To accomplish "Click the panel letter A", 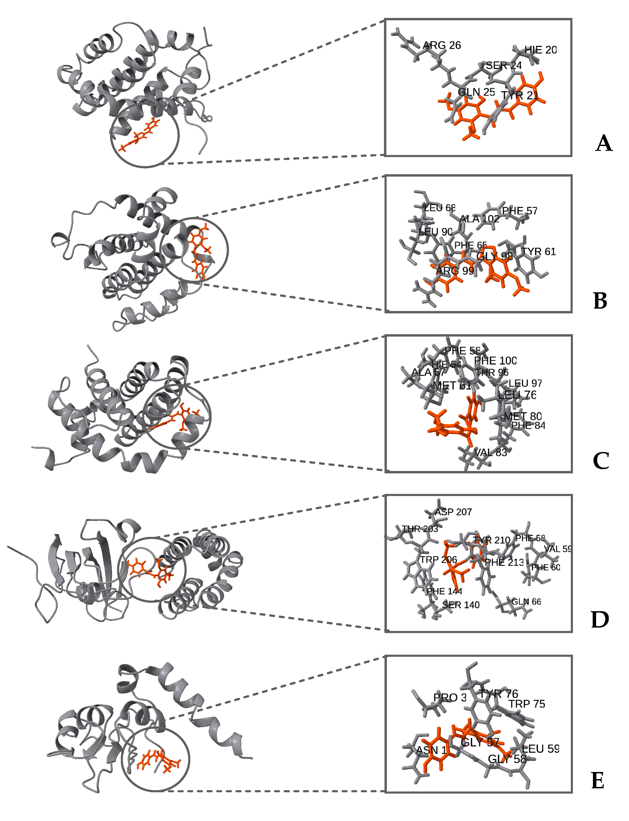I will point(603,144).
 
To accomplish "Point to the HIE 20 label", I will point(540,50).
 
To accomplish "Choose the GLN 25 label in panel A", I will point(476,92).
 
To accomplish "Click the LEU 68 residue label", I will point(440,208).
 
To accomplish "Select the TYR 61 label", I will point(538,251).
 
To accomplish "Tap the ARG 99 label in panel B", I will point(455,271).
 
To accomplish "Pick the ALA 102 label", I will point(479,219).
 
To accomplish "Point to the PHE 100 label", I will point(495,361).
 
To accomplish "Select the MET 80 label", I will point(523,416).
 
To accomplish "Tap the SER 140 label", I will point(461,605).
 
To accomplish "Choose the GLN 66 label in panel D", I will point(526,602).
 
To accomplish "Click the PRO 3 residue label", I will point(450,698).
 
